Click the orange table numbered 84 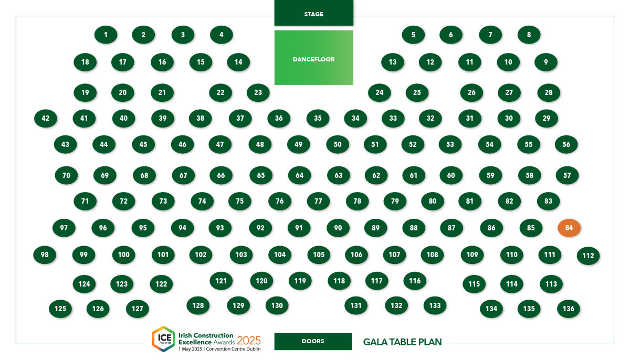pyautogui.click(x=569, y=228)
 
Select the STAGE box pyautogui.click(x=313, y=13)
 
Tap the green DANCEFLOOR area pyautogui.click(x=313, y=58)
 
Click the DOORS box pyautogui.click(x=313, y=341)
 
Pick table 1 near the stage pyautogui.click(x=106, y=35)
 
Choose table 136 pyautogui.click(x=569, y=309)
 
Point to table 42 pyautogui.click(x=46, y=118)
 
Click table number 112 pyautogui.click(x=588, y=256)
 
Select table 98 pyautogui.click(x=45, y=255)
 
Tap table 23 pyautogui.click(x=258, y=92)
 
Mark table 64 pyautogui.click(x=300, y=175)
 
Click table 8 pyautogui.click(x=529, y=35)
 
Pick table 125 pyautogui.click(x=60, y=309)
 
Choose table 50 pyautogui.click(x=338, y=144)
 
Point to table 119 pyautogui.click(x=300, y=281)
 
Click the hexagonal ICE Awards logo pyautogui.click(x=164, y=338)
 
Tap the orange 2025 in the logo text pyautogui.click(x=249, y=341)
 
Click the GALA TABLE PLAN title pyautogui.click(x=403, y=342)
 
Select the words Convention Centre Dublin pyautogui.click(x=233, y=349)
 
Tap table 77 pyautogui.click(x=318, y=201)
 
